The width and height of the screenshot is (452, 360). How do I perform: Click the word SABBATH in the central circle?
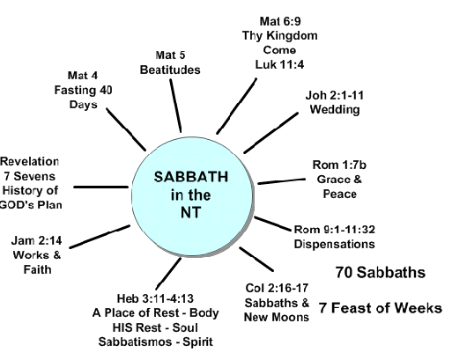191,177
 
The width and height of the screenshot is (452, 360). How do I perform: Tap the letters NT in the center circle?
191,212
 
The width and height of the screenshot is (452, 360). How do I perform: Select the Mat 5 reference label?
170,55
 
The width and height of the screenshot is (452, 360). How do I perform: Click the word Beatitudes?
170,70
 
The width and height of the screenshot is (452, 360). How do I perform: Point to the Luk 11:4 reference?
279,64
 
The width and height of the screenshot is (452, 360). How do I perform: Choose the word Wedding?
335,109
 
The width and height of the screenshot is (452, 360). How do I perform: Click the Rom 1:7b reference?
339,165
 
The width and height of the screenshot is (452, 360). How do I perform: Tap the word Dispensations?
335,244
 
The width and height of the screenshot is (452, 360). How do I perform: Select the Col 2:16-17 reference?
277,288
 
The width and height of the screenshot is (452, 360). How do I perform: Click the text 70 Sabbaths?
381,272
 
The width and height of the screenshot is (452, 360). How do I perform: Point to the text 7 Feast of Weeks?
381,308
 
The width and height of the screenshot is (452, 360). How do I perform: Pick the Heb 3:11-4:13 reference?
155,298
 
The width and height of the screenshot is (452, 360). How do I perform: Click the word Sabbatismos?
135,342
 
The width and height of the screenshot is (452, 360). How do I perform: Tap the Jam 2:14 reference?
37,241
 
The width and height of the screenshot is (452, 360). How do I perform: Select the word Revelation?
30,162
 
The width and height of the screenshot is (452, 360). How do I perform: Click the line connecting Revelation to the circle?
100,187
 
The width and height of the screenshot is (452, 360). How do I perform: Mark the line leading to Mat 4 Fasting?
126,129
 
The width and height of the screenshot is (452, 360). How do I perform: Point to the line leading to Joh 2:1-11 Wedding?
270,133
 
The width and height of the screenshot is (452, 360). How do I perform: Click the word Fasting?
76,90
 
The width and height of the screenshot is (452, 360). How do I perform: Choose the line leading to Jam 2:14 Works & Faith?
100,237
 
